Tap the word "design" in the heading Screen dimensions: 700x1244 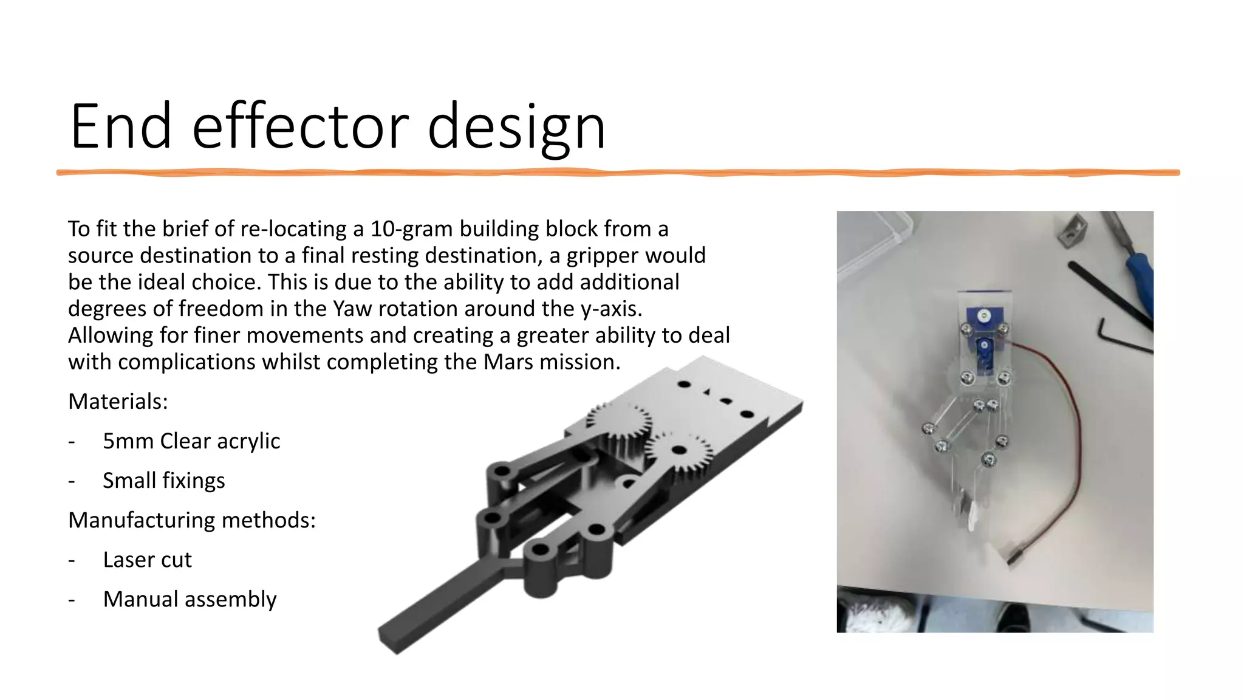point(516,126)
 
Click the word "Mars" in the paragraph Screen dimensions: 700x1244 point(507,362)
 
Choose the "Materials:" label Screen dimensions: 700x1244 point(118,402)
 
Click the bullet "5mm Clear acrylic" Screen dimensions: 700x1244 point(191,441)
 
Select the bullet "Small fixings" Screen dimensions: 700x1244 point(163,481)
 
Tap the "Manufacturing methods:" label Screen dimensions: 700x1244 point(192,520)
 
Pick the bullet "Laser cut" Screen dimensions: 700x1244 point(147,560)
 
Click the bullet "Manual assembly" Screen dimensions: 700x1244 point(190,599)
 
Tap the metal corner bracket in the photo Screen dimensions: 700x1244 point(1071,231)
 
